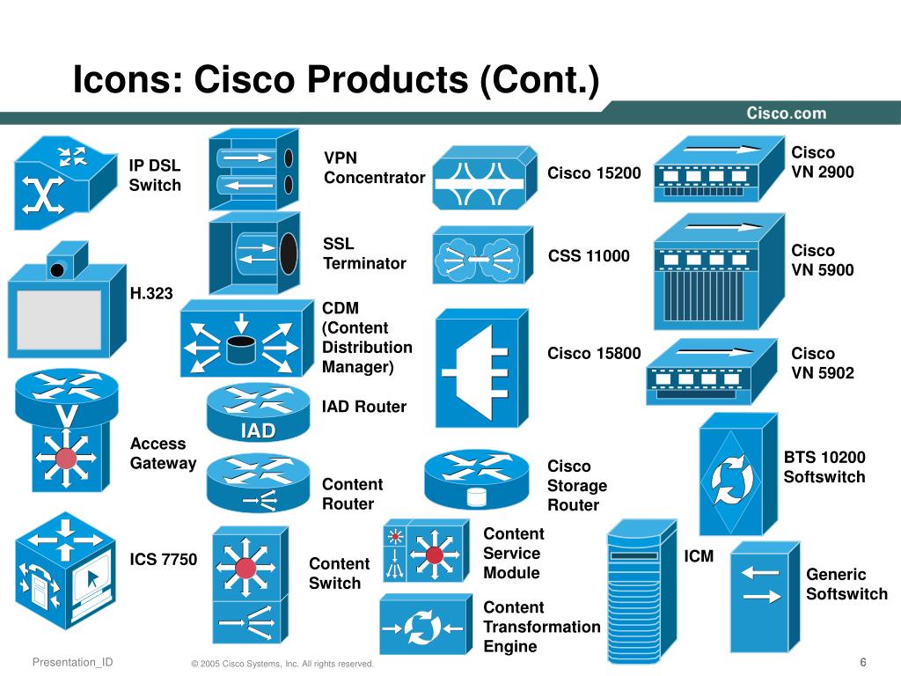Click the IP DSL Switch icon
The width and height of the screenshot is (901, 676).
pos(65,183)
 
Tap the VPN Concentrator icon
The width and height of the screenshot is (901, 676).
pos(254,169)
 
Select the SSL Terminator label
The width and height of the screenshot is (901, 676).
pos(364,253)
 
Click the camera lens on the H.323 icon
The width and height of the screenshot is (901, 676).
pos(57,269)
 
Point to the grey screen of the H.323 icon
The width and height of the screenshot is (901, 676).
pos(59,320)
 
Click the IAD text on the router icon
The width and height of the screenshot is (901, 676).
pos(258,430)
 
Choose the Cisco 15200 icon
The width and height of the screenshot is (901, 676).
pos(485,177)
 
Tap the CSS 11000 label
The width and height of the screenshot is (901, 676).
pos(589,256)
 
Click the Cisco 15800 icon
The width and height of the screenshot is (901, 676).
pos(482,369)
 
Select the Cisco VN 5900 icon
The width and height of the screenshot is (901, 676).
pos(720,271)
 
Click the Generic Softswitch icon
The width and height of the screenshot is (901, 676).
pos(765,597)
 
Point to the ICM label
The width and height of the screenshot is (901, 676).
pos(699,556)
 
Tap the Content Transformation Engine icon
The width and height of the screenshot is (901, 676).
pos(426,625)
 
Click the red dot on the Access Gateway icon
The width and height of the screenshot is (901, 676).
pos(65,458)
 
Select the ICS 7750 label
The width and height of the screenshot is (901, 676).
pos(163,559)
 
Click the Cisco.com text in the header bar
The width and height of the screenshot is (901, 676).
pos(786,113)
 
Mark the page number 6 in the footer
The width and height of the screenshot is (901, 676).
pos(863,662)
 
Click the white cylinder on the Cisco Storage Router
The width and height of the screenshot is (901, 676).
pos(476,496)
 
